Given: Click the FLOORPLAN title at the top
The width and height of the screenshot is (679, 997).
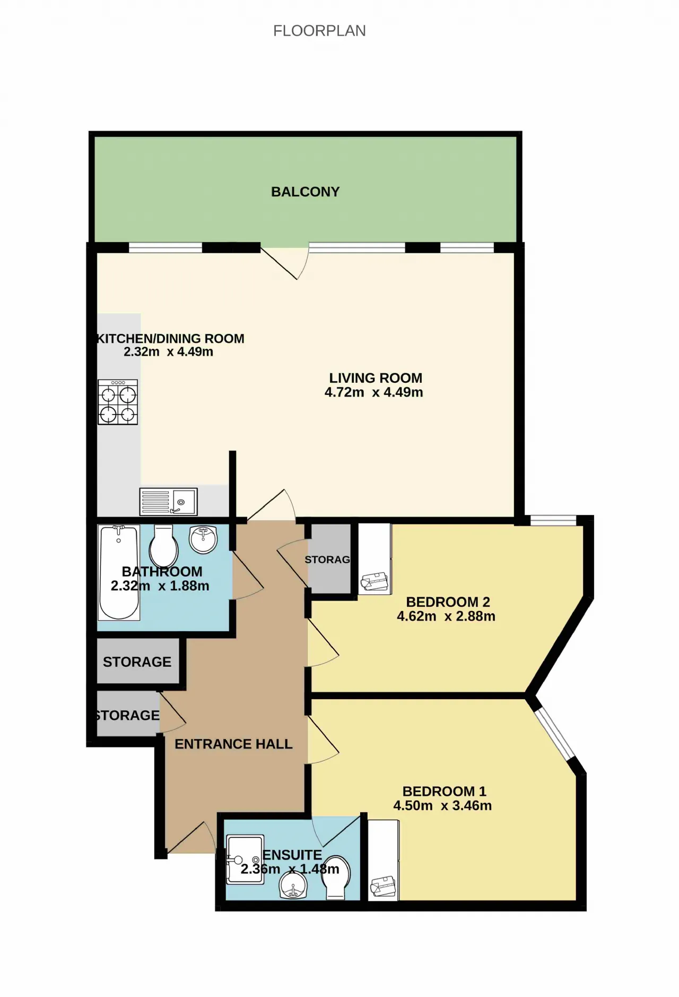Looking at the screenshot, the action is click(319, 31).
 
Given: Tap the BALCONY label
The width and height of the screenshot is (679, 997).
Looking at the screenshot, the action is click(305, 192).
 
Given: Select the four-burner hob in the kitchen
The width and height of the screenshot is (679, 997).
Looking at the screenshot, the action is click(118, 402).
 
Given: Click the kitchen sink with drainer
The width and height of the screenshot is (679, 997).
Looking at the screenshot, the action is click(168, 502).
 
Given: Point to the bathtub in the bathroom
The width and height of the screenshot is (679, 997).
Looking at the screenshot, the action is click(119, 572).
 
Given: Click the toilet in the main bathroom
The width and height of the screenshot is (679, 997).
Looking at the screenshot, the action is click(163, 546).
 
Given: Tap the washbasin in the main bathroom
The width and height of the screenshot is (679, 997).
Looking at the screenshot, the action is click(203, 539).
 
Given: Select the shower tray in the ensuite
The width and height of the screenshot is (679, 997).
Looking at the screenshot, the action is click(245, 860).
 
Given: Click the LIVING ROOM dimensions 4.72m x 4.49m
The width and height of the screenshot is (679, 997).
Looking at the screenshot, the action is click(374, 392).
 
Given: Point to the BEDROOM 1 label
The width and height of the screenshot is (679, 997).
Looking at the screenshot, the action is click(445, 791).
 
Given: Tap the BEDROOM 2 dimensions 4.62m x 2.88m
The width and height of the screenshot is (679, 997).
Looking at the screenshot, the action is click(446, 616).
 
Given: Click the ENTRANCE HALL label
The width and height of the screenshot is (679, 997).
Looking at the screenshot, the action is click(233, 744).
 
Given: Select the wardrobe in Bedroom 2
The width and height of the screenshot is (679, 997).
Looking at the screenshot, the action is click(375, 559).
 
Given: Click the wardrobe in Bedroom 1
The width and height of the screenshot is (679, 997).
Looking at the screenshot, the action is click(384, 860).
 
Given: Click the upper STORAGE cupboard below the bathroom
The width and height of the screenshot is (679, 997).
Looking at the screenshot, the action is click(137, 661).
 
